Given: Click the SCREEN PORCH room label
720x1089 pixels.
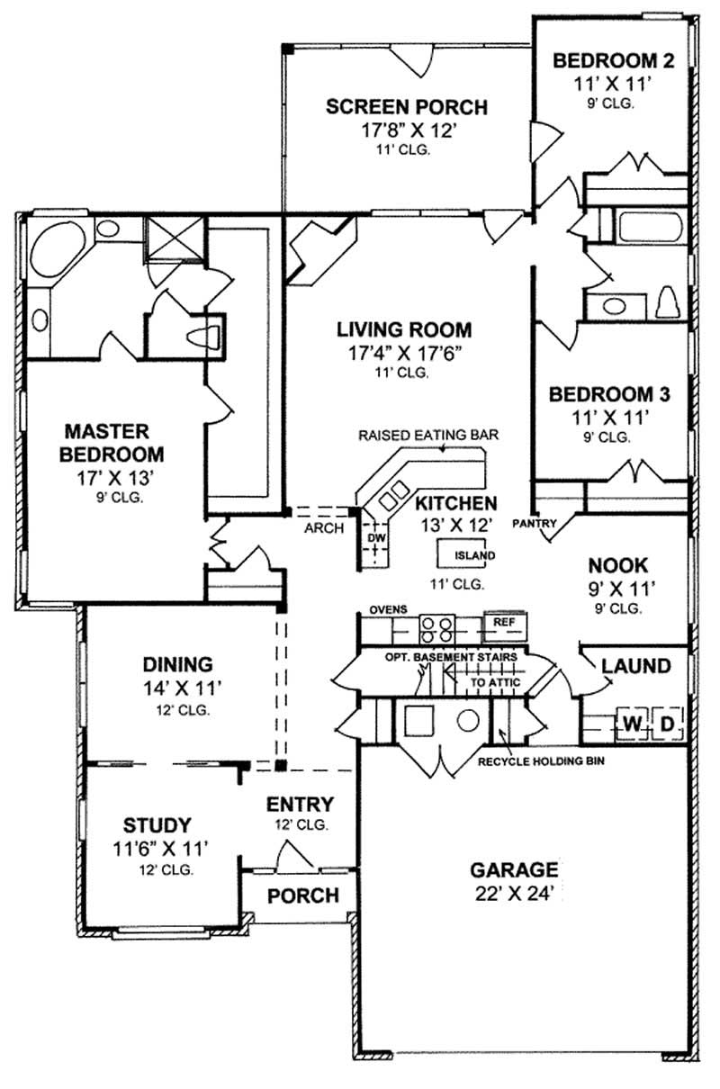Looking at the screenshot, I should [x=406, y=107].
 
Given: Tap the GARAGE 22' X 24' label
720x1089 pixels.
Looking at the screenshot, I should [x=514, y=870].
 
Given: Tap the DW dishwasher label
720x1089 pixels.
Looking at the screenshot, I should [x=375, y=538].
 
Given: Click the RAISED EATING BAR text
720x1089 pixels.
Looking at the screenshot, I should [x=428, y=435].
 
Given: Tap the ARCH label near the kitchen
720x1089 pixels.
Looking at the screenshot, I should [x=324, y=528].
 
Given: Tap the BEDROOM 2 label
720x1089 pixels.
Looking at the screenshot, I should [x=613, y=61].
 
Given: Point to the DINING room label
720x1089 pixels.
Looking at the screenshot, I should [x=177, y=664].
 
